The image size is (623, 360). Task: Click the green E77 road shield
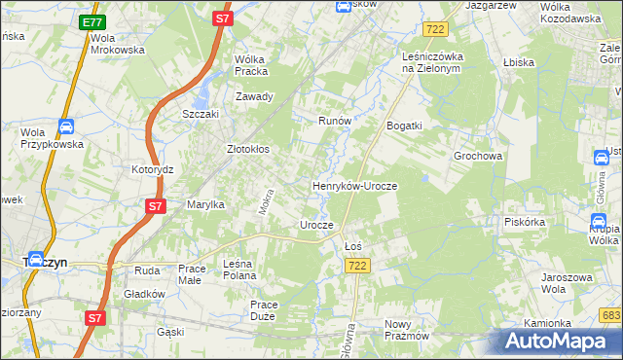pyautogui.click(x=92, y=21)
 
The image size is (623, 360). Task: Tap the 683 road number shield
pyautogui.click(x=611, y=315)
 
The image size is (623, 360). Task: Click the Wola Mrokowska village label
pyautogui.click(x=117, y=44)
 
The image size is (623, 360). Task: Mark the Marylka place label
pyautogui.click(x=205, y=204)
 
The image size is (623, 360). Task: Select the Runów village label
pyautogui.click(x=334, y=121)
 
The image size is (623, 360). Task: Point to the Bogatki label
pyautogui.click(x=404, y=126)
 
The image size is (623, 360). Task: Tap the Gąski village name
pyautogui.click(x=169, y=332)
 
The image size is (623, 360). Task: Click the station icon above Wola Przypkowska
pyautogui.click(x=65, y=126)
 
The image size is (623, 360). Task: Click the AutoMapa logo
pyautogui.click(x=560, y=341)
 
